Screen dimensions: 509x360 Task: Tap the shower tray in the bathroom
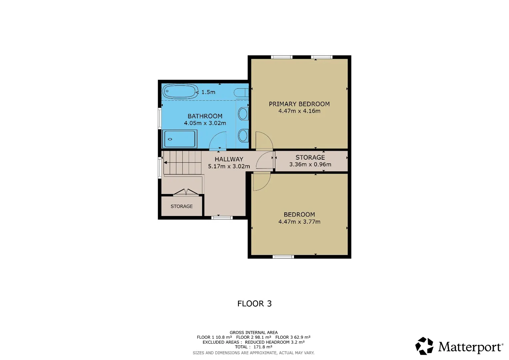(x=180, y=139)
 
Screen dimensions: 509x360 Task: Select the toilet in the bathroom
(x=241, y=93)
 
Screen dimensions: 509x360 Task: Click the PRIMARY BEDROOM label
(x=299, y=104)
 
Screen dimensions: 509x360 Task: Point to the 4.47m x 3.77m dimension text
(x=299, y=221)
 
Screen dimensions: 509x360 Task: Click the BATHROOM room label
(x=205, y=116)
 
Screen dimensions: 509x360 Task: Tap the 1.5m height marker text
(x=208, y=92)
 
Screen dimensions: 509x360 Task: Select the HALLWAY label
(x=229, y=159)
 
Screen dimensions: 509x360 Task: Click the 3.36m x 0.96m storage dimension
(x=310, y=164)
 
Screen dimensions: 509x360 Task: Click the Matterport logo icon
(x=424, y=346)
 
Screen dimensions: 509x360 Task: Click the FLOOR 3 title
(x=255, y=304)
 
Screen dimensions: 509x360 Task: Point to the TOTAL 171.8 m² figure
(x=254, y=347)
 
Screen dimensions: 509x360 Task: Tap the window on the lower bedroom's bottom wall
(x=283, y=257)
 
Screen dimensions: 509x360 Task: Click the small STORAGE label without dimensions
(x=182, y=206)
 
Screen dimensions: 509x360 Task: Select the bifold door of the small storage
(x=186, y=192)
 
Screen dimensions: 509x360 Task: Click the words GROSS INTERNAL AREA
(x=254, y=333)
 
